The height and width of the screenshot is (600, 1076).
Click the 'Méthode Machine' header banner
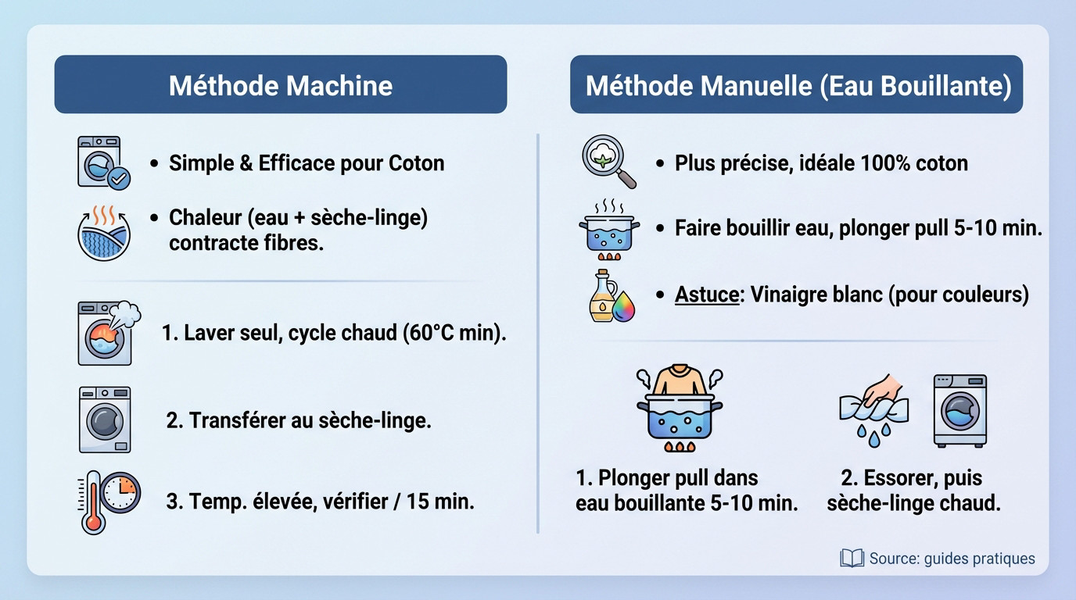click(280, 84)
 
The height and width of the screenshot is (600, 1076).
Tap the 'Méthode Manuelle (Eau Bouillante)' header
click(796, 84)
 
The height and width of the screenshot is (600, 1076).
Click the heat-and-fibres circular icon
click(104, 232)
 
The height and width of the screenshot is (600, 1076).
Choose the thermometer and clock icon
click(108, 500)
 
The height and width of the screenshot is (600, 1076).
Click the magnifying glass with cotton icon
click(608, 161)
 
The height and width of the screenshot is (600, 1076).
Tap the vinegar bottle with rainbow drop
click(611, 296)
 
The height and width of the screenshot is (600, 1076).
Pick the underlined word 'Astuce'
click(707, 295)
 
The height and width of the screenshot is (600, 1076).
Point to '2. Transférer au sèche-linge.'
click(299, 420)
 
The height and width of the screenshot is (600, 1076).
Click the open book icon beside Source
click(851, 558)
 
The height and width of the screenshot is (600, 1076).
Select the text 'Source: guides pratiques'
click(952, 559)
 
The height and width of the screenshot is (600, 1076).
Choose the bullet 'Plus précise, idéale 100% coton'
click(821, 163)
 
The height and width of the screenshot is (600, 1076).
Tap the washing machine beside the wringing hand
click(959, 411)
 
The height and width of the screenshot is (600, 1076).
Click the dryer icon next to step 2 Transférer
click(105, 420)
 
